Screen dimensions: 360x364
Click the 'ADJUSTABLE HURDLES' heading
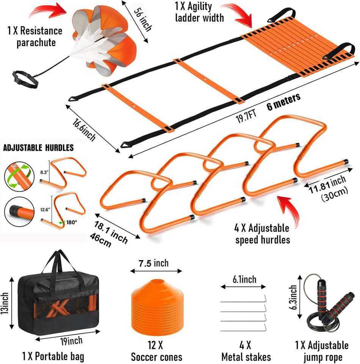click(38, 147)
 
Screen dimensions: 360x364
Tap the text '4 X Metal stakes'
click(246, 351)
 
